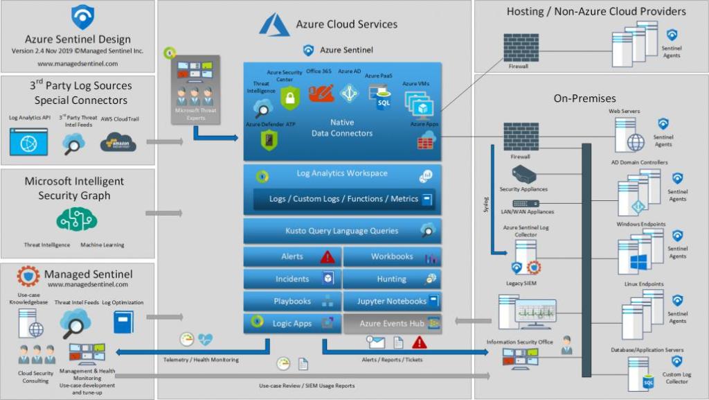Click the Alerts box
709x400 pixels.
[291, 256]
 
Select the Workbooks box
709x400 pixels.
[392, 256]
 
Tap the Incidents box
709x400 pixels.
[291, 279]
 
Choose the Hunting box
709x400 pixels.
[392, 279]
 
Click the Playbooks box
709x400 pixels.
[291, 302]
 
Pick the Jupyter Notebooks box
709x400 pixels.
[392, 302]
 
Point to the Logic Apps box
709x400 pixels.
[291, 324]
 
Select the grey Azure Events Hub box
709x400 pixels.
[392, 324]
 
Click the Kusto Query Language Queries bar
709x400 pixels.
[342, 231]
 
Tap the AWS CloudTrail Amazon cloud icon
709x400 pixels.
[118, 142]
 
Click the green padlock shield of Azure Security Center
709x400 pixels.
[289, 98]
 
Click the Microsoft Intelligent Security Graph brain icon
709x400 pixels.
[76, 220]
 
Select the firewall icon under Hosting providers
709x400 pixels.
[519, 48]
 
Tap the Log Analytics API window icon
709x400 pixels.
[28, 141]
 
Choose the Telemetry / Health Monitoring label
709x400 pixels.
[201, 360]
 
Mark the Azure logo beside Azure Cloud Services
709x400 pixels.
[274, 25]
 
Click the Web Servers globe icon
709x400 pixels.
[636, 142]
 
